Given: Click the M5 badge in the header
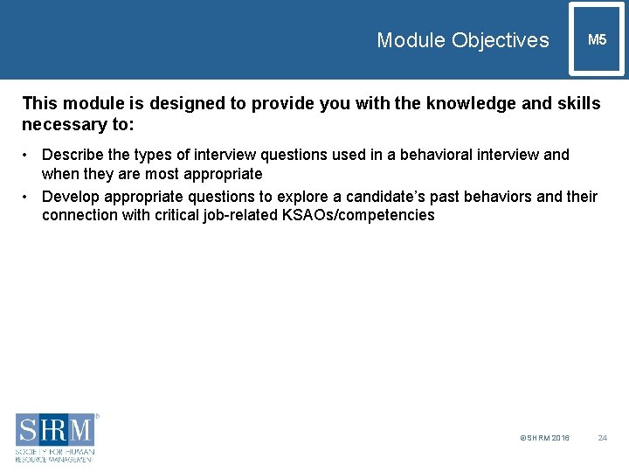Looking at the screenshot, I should pyautogui.click(x=598, y=40).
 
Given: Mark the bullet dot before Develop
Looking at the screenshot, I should pyautogui.click(x=29, y=197).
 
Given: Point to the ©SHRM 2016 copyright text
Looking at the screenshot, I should pyautogui.click(x=544, y=438).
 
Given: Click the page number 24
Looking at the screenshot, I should pyautogui.click(x=602, y=438).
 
